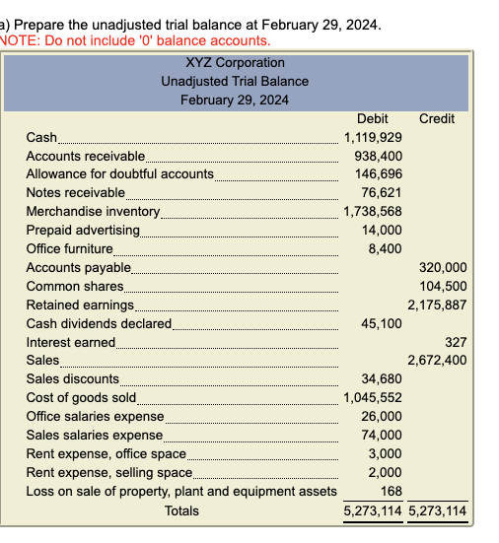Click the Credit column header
[437, 119]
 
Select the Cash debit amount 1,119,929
[372, 137]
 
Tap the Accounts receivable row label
[85, 156]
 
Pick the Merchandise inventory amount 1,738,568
[372, 211]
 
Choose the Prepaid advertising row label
[82, 230]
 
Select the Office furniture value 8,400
[388, 248]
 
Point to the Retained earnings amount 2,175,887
[437, 305]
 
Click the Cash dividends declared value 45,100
[385, 323]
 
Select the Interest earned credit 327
[456, 341]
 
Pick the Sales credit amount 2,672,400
[437, 360]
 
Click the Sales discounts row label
[72, 378]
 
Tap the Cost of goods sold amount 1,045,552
[372, 397]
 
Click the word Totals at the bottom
[181, 510]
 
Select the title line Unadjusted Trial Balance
[235, 81]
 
